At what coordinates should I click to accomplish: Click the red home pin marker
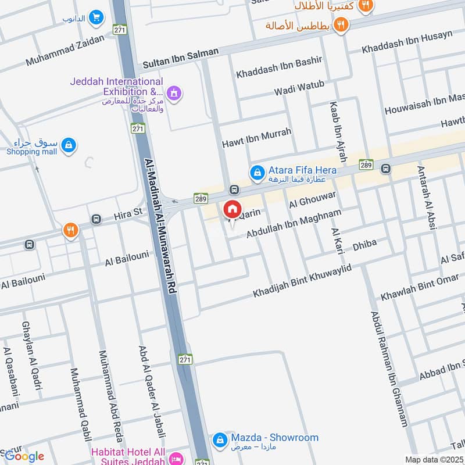click(232, 209)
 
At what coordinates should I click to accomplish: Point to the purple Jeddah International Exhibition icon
click(173, 92)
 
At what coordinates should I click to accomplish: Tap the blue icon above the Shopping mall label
click(69, 144)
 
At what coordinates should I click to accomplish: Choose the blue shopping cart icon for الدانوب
click(96, 18)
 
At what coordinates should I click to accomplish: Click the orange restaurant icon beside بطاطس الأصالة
click(341, 25)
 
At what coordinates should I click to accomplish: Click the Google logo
click(24, 456)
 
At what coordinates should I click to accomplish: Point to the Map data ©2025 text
click(434, 459)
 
